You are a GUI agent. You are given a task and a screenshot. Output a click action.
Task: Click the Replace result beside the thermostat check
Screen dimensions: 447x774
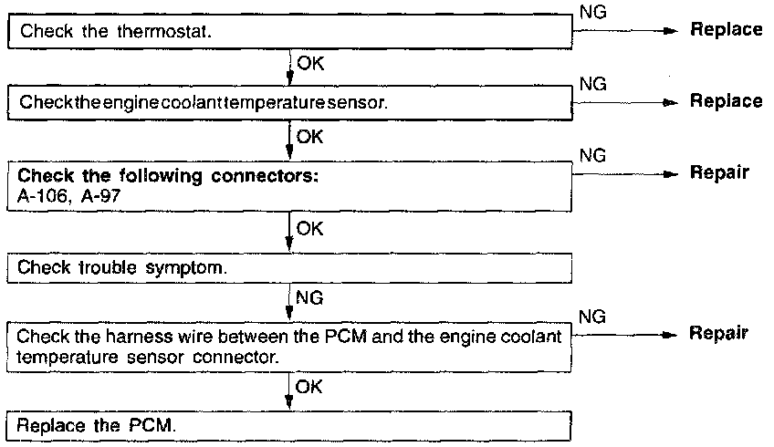[727, 30]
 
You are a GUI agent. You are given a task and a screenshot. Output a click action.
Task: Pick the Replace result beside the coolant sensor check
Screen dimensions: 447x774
[727, 101]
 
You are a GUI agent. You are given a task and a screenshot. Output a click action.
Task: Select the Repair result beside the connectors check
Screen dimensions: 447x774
[721, 172]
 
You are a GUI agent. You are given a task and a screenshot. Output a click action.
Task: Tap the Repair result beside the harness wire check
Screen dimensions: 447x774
[721, 333]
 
